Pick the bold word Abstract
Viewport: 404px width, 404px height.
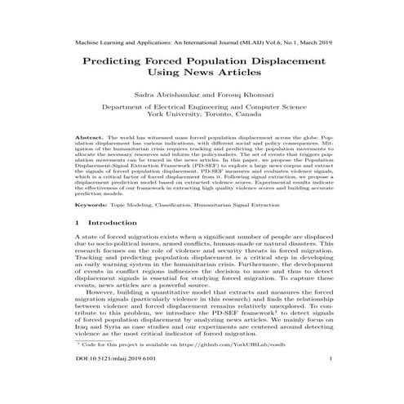[x=87, y=139]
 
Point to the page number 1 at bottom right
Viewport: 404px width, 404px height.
[x=328, y=380]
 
